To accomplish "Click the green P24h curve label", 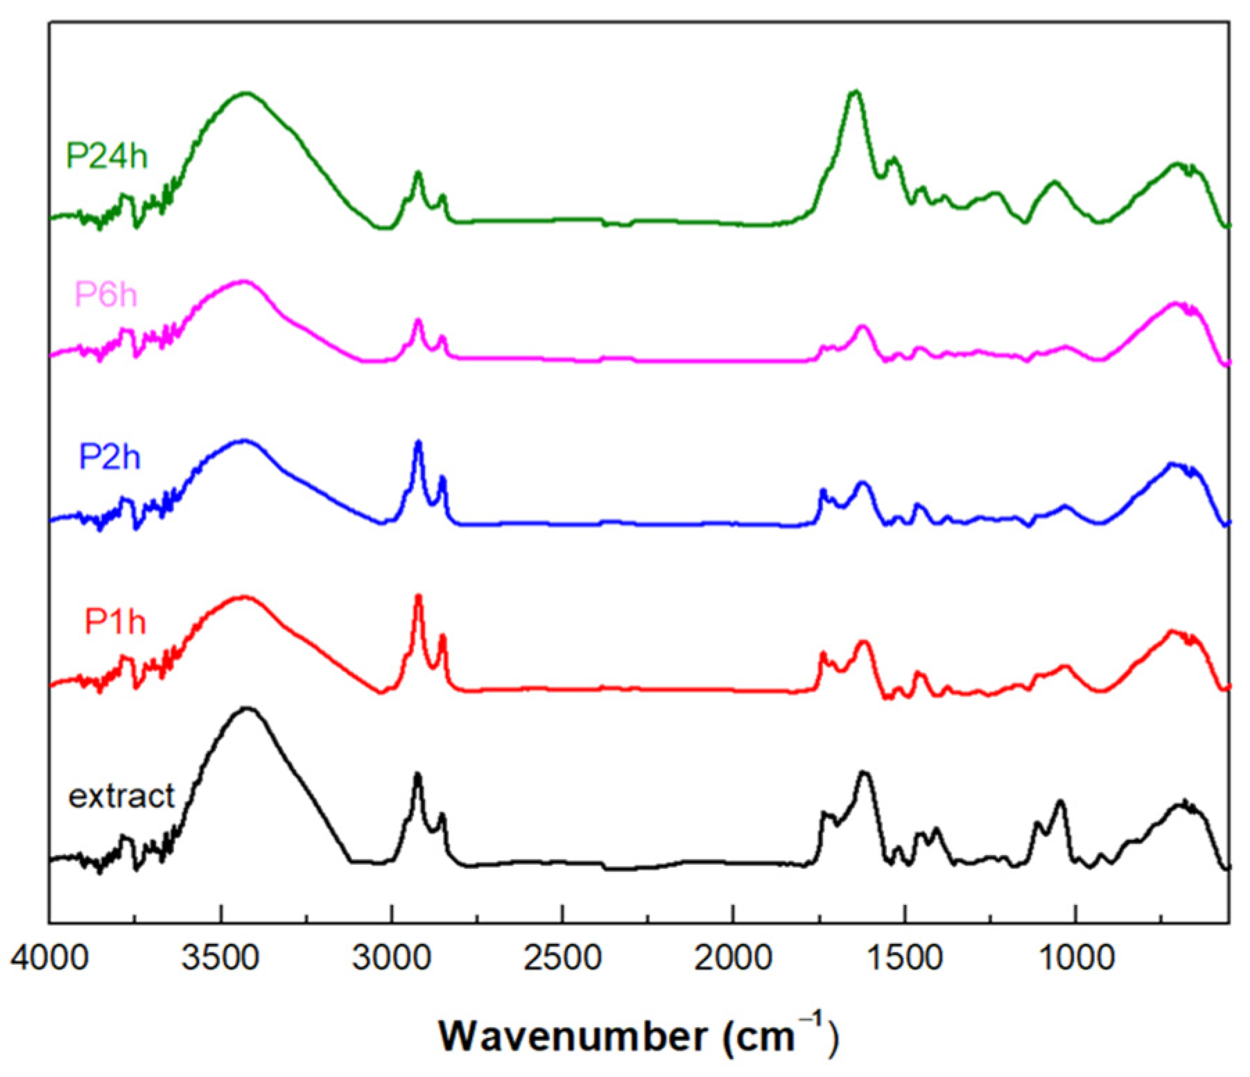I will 106,156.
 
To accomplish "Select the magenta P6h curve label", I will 106,295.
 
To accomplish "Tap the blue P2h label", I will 110,457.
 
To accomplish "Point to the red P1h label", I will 115,621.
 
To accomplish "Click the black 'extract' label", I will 121,796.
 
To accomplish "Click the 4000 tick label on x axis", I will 49,958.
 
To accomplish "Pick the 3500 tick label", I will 220,958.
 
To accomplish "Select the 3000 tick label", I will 391,958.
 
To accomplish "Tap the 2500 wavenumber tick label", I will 562,958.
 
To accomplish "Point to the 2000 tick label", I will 733,958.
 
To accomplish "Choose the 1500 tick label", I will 904,958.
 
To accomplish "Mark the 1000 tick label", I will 1075,958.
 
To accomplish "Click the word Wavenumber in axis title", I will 573,1037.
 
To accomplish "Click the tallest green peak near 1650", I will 856,92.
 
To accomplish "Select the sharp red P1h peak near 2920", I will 418,596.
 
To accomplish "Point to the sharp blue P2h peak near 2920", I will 418,442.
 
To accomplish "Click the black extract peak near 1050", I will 1059,802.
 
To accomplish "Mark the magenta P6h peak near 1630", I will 862,326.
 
